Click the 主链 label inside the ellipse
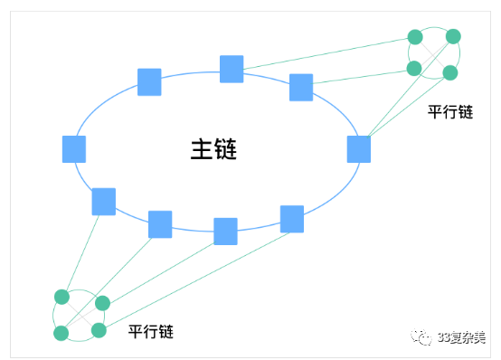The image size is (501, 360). point(213,149)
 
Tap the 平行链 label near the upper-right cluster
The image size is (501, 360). point(450,111)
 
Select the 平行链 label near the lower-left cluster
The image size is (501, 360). point(150,332)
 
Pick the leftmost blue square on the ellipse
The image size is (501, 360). point(74,149)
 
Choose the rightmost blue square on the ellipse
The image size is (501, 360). point(359,149)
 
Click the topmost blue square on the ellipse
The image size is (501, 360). point(232,69)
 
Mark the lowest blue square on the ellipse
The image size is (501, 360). point(225,232)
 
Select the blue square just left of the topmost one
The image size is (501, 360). point(149,82)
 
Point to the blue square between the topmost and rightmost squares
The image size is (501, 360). point(301,87)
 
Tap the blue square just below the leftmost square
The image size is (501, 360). point(104,201)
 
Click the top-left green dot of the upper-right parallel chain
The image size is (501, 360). point(415,37)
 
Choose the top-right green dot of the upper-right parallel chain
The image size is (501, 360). point(453,36)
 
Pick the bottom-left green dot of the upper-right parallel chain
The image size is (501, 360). point(414,68)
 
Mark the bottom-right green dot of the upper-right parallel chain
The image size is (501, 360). point(449,72)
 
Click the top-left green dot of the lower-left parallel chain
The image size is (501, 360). point(61,297)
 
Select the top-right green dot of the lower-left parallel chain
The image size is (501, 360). point(102,303)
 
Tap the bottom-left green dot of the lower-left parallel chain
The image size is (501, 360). point(61,334)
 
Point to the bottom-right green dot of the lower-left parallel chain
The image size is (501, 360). point(99,330)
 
